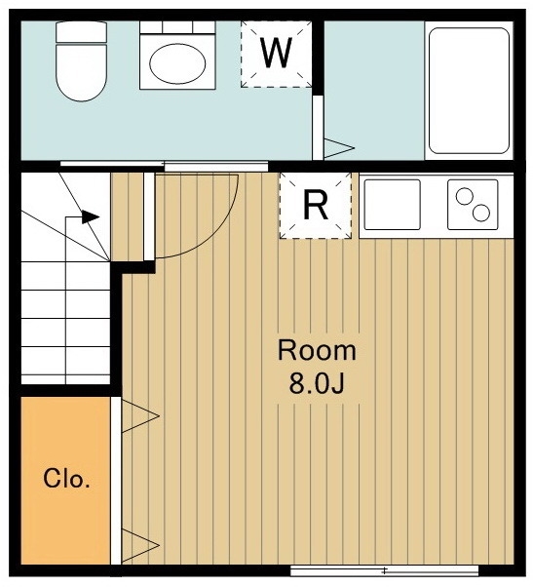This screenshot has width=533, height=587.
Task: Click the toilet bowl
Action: (x=81, y=72)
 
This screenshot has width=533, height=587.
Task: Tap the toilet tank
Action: (x=81, y=32)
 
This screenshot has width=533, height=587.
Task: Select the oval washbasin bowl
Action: (x=177, y=63)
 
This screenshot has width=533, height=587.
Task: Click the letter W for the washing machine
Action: (x=277, y=53)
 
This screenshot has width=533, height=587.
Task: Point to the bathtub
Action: (x=469, y=91)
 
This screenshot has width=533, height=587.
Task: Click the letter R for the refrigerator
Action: (x=316, y=205)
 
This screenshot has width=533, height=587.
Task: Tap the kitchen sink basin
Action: (x=393, y=205)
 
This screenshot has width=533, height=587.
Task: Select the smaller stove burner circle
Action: (x=465, y=197)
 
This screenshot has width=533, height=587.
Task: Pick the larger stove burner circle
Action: (x=481, y=213)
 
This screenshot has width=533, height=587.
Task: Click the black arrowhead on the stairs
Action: (x=91, y=216)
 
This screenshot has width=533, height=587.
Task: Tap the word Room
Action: (x=317, y=351)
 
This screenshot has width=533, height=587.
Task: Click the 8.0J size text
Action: (x=317, y=383)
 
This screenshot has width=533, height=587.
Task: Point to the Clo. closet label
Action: (x=66, y=478)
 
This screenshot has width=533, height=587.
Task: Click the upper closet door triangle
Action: (x=140, y=415)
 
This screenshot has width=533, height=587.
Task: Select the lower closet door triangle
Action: (x=140, y=545)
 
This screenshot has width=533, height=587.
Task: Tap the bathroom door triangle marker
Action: (x=338, y=148)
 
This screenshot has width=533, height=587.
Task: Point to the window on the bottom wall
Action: (x=384, y=570)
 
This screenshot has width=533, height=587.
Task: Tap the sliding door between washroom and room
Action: (x=165, y=165)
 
